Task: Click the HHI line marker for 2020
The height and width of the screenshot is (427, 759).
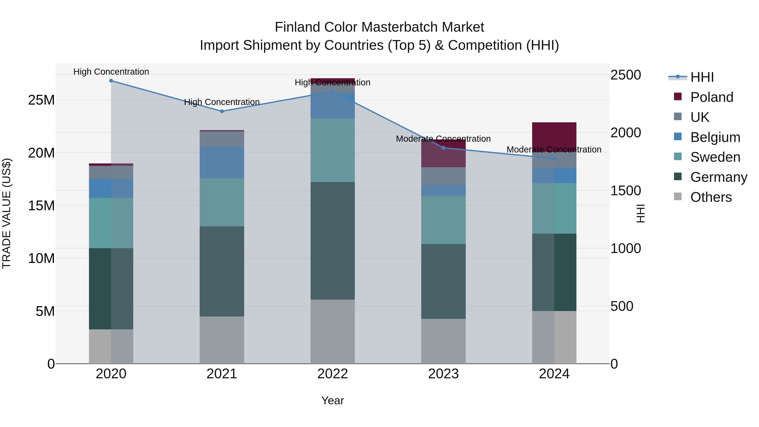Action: [111, 81]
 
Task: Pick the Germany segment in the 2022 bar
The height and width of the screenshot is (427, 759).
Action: [333, 241]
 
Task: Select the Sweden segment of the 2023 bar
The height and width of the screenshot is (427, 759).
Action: [443, 220]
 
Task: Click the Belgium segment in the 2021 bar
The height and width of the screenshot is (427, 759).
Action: [222, 163]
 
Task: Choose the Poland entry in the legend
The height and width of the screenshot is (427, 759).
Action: [712, 97]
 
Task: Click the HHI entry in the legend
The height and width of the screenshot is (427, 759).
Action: [702, 77]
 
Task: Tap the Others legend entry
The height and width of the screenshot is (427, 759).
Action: [711, 197]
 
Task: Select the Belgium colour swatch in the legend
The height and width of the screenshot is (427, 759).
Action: [678, 137]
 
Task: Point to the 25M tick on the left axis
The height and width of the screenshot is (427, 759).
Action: [41, 100]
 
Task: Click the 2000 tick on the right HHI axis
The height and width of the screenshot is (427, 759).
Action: [625, 133]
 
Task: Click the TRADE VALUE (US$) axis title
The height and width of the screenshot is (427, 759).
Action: [7, 213]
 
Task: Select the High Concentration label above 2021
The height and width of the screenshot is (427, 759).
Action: [222, 102]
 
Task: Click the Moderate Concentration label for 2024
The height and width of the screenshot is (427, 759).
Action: [554, 150]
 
